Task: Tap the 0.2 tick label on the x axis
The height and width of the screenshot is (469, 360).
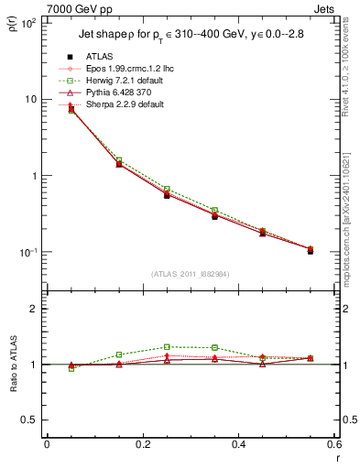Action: tap(142, 445)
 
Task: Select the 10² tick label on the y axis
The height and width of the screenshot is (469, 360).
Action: tap(29, 23)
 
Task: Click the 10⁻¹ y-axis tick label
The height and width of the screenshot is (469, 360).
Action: tap(29, 252)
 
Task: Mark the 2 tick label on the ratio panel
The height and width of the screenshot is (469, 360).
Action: tap(34, 309)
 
